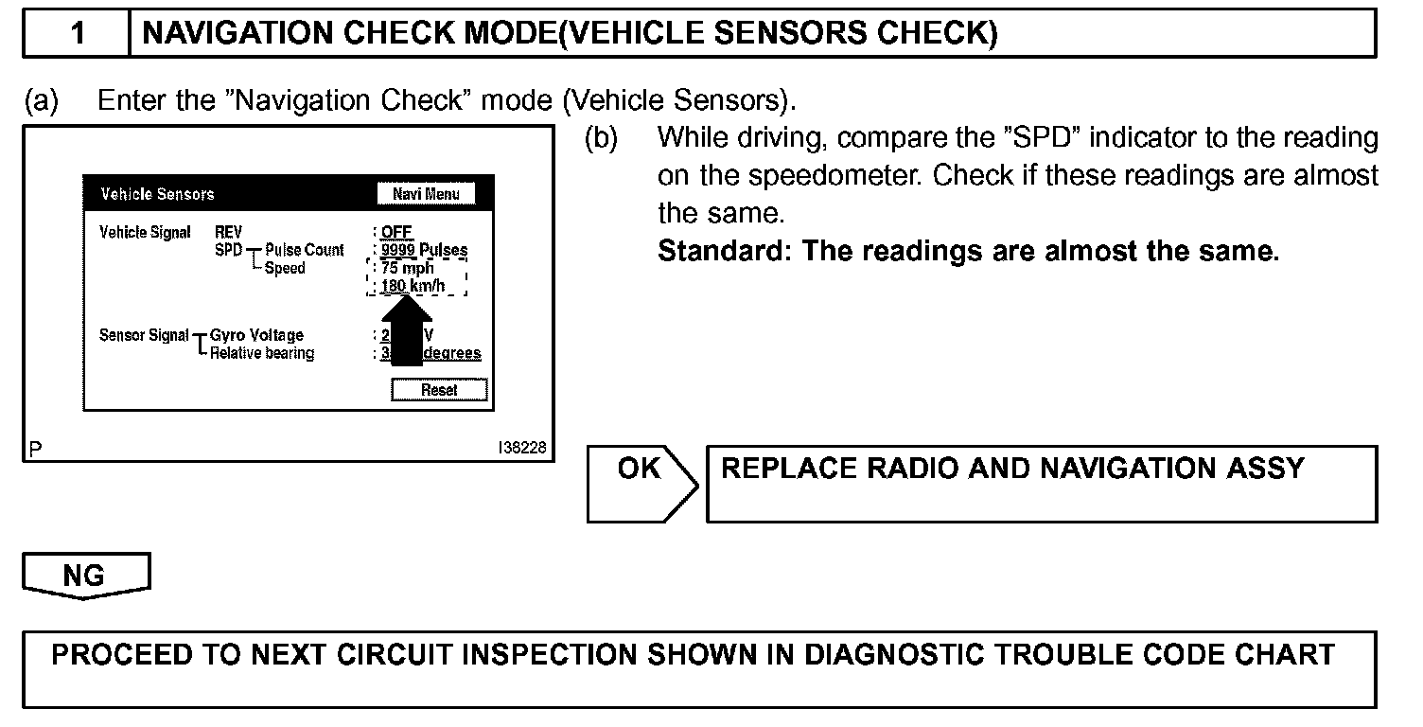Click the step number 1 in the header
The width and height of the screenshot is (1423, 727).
(x=78, y=33)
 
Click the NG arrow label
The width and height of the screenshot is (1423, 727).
(x=85, y=576)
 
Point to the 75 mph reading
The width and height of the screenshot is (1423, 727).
(x=408, y=268)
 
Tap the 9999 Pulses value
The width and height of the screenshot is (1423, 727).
(x=423, y=250)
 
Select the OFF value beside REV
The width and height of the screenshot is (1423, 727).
(x=396, y=232)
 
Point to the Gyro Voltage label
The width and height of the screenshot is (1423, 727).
(x=256, y=335)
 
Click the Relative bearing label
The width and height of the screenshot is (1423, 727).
(x=262, y=353)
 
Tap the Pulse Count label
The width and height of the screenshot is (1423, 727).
(x=305, y=250)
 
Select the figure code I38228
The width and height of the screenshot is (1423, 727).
(x=521, y=449)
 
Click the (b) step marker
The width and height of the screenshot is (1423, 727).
(x=600, y=137)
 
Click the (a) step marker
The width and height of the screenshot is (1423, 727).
(x=41, y=100)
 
